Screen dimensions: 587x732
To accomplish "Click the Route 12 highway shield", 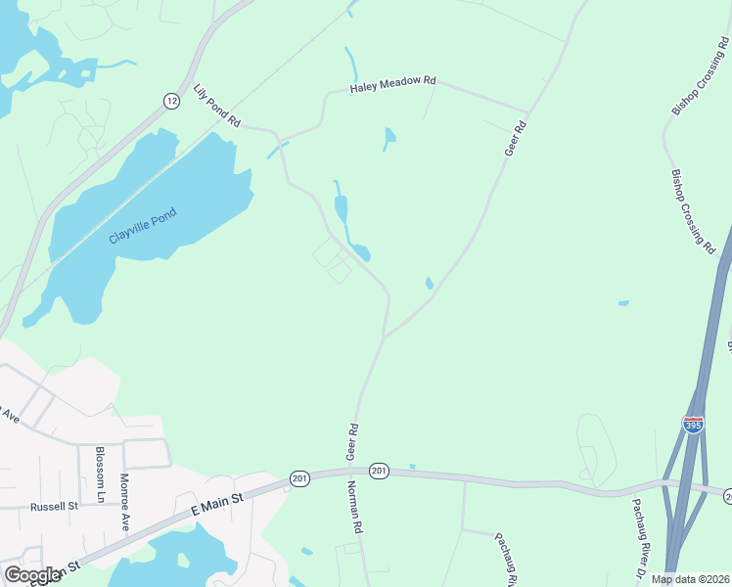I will [x=172, y=101].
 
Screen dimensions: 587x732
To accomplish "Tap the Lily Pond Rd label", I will [x=217, y=105].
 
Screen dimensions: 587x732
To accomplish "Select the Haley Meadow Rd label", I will [x=392, y=86].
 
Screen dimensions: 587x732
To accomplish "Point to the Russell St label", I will [x=54, y=507].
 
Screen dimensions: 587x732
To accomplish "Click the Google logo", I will [x=32, y=574].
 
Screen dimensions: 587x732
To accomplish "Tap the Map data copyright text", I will [x=691, y=579].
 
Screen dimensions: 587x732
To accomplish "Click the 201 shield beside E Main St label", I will [x=299, y=477].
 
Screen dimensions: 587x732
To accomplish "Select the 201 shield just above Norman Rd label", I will [x=380, y=472].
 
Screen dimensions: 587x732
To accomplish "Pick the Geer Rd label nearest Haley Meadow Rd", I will [x=515, y=139].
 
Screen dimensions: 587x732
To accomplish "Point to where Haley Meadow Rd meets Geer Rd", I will [x=529, y=111].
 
